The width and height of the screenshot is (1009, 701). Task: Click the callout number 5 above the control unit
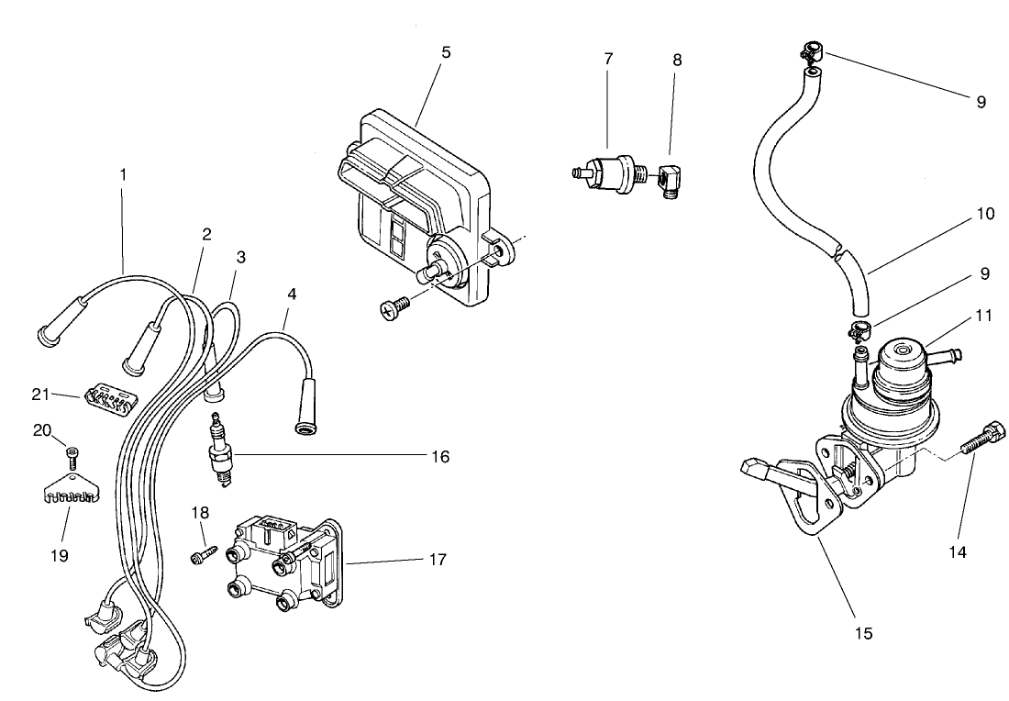tap(446, 52)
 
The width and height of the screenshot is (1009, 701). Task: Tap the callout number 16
tap(441, 456)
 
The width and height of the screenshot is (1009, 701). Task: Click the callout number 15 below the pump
tap(864, 633)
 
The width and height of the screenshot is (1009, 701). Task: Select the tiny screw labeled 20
tap(72, 454)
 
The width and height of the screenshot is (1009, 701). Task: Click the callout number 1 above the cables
tap(122, 172)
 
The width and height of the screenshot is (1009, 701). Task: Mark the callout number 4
tap(292, 295)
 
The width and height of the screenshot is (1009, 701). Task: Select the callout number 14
tap(958, 552)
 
